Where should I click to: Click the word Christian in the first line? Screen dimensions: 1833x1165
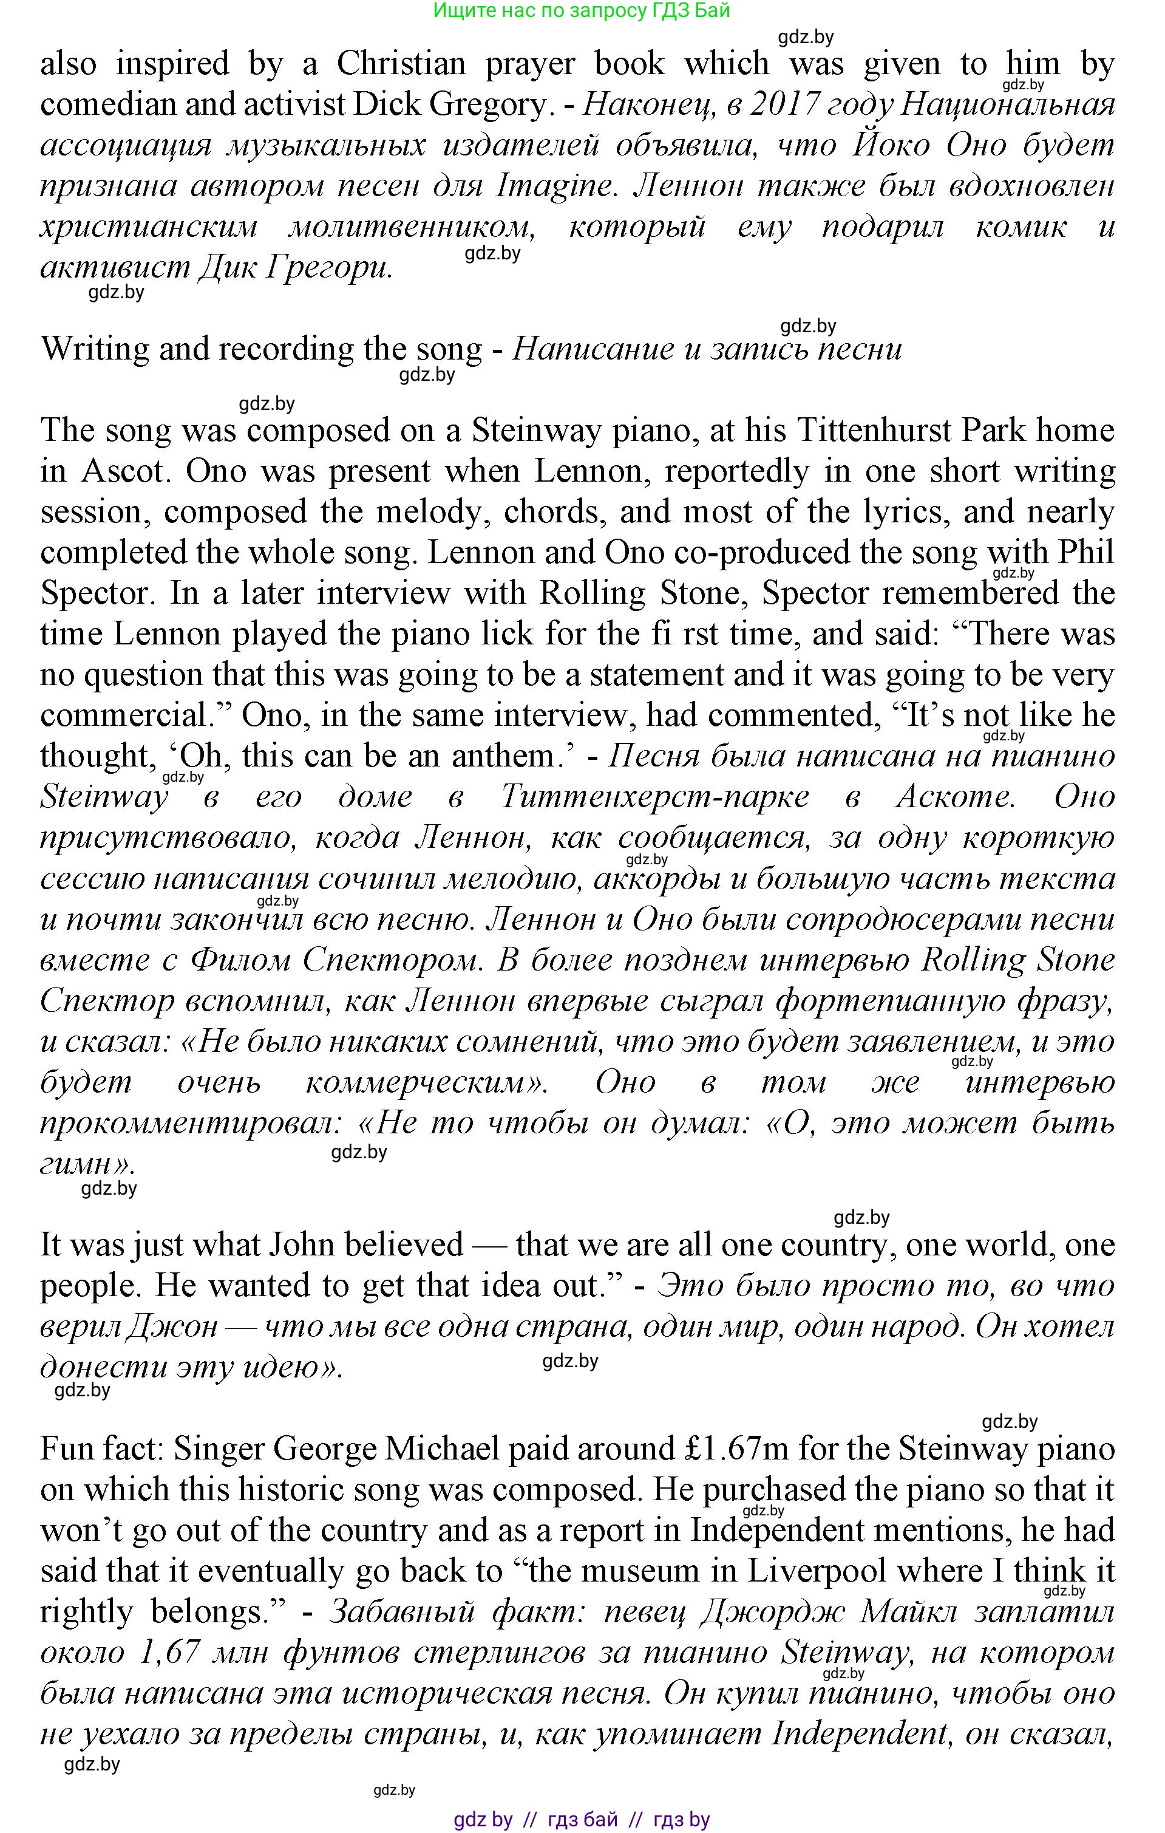click(401, 64)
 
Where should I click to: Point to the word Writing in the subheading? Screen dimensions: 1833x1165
click(95, 349)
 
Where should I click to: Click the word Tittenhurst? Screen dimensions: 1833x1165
click(874, 431)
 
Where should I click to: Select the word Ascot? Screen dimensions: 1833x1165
click(123, 472)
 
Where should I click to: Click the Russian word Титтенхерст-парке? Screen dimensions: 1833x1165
click(655, 797)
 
